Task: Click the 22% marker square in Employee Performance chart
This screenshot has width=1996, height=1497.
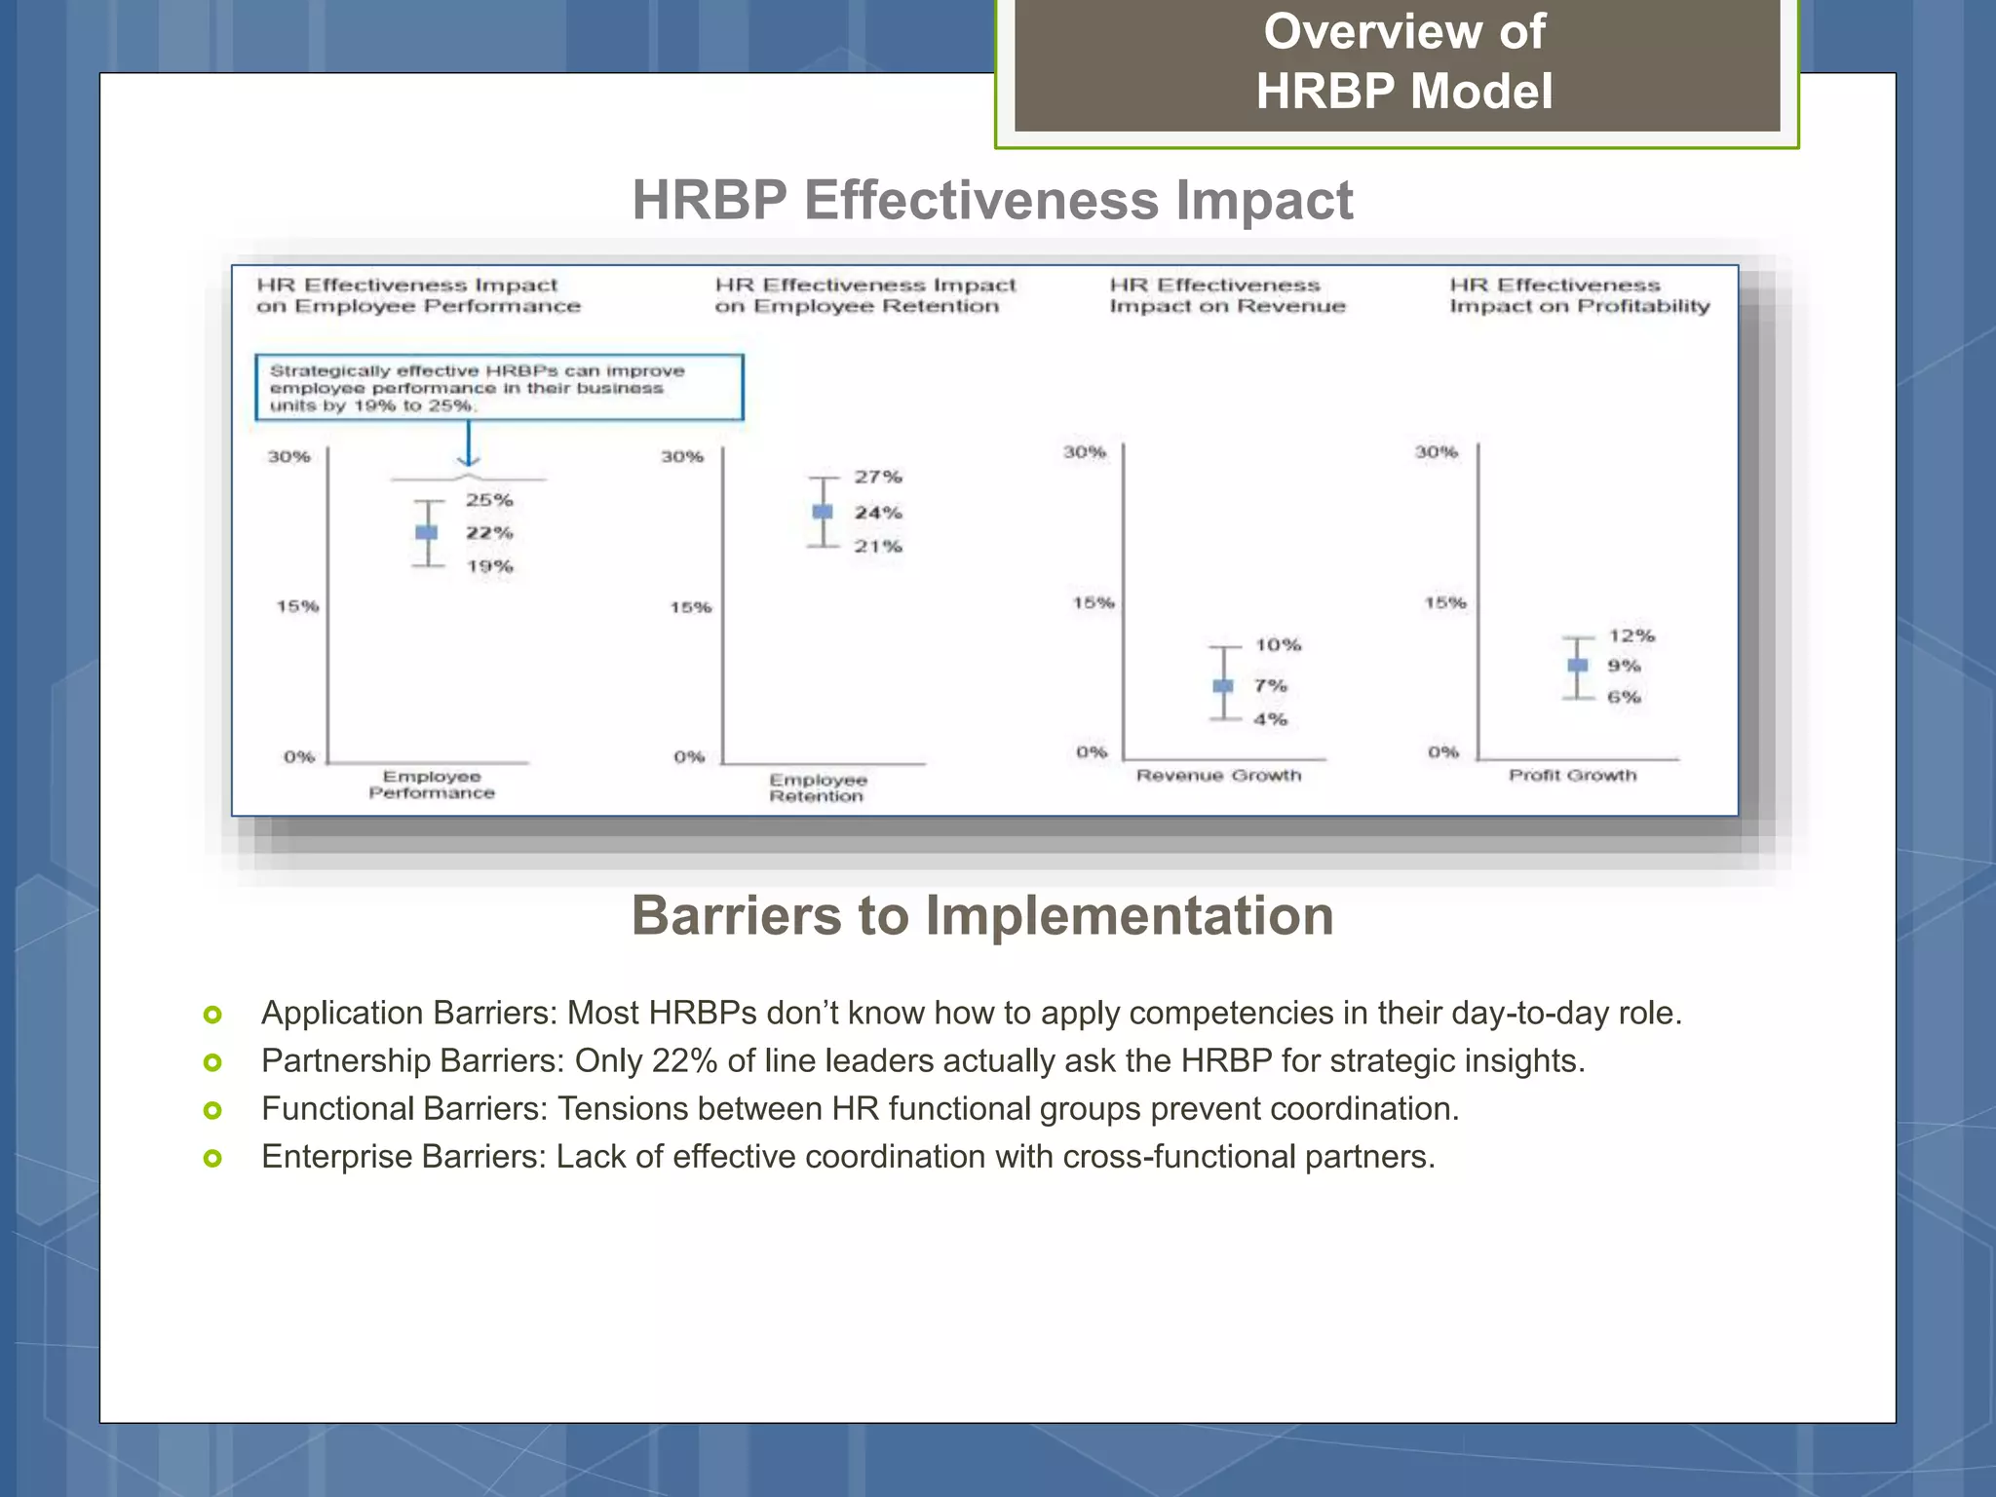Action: (427, 532)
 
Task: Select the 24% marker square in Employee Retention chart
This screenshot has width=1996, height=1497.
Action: (823, 512)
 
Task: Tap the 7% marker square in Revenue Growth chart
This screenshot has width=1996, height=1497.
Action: (1223, 686)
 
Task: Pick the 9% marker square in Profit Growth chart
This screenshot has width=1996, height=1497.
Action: (1577, 666)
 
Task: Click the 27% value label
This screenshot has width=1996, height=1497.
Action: (878, 477)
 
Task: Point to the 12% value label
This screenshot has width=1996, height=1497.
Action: (1631, 635)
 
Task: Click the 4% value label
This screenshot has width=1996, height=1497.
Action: (1270, 719)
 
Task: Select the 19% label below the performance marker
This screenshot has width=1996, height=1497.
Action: (489, 566)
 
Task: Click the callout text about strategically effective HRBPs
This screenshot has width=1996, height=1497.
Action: (478, 388)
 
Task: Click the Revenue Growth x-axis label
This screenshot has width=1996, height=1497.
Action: (1218, 776)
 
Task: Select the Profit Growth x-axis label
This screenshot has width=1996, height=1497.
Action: (1572, 776)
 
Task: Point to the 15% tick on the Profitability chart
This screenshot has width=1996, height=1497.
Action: (1444, 603)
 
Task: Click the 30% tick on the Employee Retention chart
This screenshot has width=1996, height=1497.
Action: (681, 457)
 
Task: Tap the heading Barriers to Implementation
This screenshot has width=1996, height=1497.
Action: (981, 916)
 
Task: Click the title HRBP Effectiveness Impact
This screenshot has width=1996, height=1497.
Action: (992, 201)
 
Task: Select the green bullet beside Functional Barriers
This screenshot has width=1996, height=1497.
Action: (212, 1110)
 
